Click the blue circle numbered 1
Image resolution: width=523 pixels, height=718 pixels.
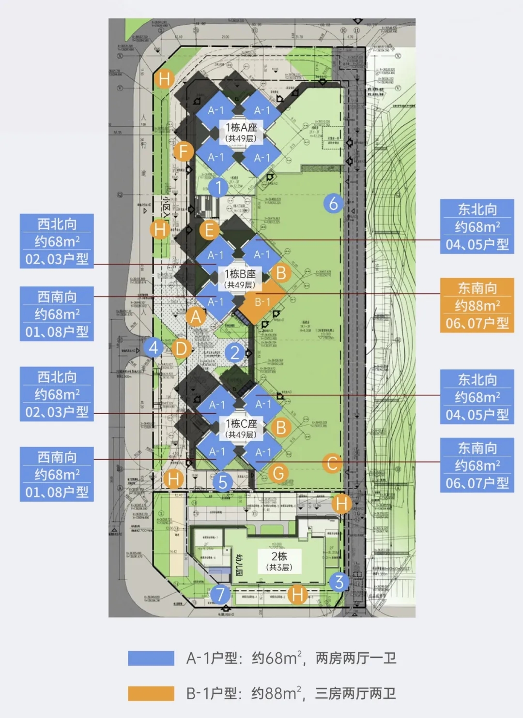coord(218,187)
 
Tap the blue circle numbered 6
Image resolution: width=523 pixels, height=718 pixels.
coord(333,203)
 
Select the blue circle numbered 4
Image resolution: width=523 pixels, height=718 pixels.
coord(154,347)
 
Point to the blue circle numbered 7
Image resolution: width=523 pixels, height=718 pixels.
coord(220,594)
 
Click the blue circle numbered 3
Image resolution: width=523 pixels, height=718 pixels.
coord(339,582)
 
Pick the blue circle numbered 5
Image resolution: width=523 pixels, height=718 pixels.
coord(223,482)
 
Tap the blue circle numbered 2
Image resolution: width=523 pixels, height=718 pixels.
coord(235,353)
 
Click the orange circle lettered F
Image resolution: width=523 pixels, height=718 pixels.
coord(184,151)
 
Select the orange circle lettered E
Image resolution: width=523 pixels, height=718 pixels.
coord(209,230)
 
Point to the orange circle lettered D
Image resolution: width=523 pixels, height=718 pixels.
coord(181,348)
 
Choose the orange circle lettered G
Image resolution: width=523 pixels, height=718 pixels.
coord(278,473)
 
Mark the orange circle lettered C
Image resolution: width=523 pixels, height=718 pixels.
coord(332,463)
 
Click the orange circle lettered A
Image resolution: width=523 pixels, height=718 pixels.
coord(196,317)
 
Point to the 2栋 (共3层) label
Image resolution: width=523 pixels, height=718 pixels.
coord(279,561)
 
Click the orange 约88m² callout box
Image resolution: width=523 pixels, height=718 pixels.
coord(477,305)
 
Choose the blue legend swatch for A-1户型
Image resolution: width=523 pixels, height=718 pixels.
coord(151,658)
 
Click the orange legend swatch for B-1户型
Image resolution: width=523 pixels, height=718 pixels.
coord(151,693)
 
